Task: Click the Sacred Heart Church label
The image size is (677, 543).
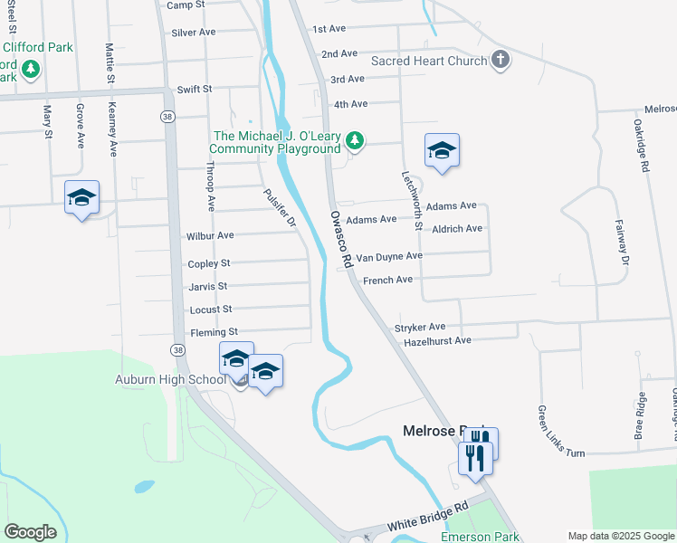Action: (429, 61)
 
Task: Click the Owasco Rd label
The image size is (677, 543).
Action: (340, 239)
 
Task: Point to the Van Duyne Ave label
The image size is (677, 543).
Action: (388, 256)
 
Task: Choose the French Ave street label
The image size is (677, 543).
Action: (387, 281)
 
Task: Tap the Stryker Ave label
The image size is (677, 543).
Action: (420, 327)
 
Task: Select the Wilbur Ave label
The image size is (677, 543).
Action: (210, 235)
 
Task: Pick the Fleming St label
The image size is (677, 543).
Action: (213, 332)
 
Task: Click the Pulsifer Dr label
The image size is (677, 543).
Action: (280, 208)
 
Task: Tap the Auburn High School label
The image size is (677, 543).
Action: (170, 380)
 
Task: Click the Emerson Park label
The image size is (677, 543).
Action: (480, 537)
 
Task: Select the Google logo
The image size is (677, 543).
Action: (30, 532)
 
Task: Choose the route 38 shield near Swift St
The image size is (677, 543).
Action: (167, 117)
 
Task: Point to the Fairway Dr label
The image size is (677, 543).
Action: (622, 243)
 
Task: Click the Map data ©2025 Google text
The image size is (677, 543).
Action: (620, 536)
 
